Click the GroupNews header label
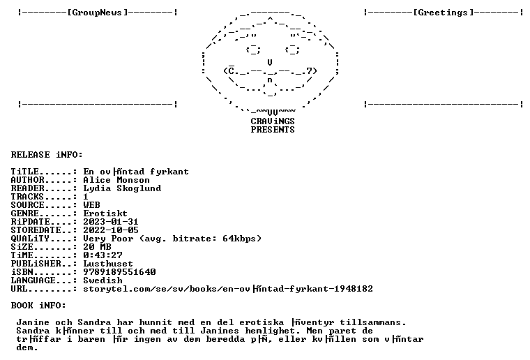(98, 13)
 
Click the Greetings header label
(444, 13)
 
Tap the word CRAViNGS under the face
(273, 121)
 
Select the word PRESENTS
(273, 130)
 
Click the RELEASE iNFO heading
(47, 155)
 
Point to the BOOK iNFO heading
(38, 306)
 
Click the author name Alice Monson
(116, 180)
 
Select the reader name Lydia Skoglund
(122, 188)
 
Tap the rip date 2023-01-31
(111, 222)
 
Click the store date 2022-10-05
(111, 230)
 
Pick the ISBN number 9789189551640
(119, 272)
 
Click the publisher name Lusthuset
(108, 264)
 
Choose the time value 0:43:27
(103, 255)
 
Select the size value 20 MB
(98, 247)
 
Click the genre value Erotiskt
(105, 213)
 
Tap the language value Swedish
(103, 280)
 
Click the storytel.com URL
(228, 289)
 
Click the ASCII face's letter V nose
(270, 63)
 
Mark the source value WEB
(91, 205)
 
